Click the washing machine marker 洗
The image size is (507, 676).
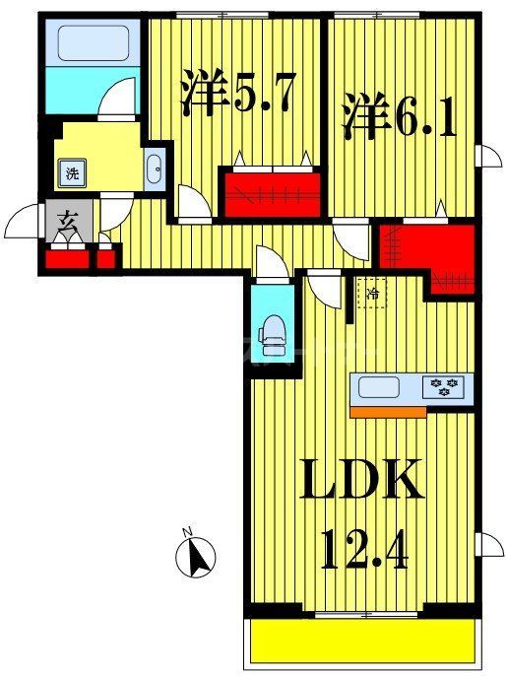[72, 174]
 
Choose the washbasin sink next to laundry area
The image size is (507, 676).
[156, 171]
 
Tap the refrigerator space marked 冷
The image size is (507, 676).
[372, 293]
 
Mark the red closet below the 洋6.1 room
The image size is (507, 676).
[428, 253]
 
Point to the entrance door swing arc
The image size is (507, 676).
[25, 224]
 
